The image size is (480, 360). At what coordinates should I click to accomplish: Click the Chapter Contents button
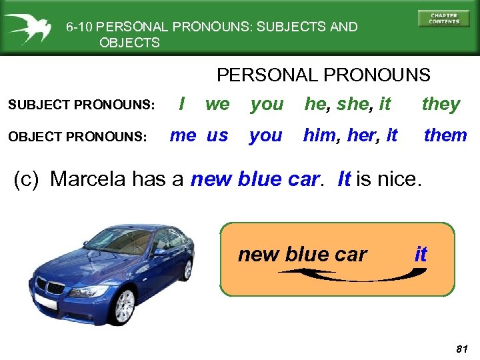[x=443, y=19]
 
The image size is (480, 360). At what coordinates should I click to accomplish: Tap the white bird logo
[x=29, y=28]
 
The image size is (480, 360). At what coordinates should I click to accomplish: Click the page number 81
[x=460, y=349]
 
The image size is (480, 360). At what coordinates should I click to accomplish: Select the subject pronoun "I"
[x=182, y=104]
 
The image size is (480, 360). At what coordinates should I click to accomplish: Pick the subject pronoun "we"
[x=217, y=105]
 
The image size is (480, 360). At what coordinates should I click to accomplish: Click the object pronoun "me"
[x=183, y=135]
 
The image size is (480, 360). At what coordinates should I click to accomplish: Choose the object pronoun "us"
[x=217, y=136]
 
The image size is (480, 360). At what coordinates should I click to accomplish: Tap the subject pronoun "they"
[x=441, y=105]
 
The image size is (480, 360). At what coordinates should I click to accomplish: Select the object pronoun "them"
[x=445, y=135]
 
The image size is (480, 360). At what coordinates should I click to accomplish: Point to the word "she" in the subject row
[x=352, y=105]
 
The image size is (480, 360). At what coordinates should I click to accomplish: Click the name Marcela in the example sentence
[x=89, y=179]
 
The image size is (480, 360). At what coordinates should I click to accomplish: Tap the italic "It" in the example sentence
[x=344, y=179]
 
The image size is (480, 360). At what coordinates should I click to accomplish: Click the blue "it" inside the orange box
[x=421, y=254]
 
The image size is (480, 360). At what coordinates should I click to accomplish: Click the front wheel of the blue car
[x=124, y=306]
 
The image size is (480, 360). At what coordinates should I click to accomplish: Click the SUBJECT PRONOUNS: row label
[x=81, y=105]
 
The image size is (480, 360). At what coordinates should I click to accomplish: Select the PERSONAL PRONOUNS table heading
[x=323, y=75]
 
